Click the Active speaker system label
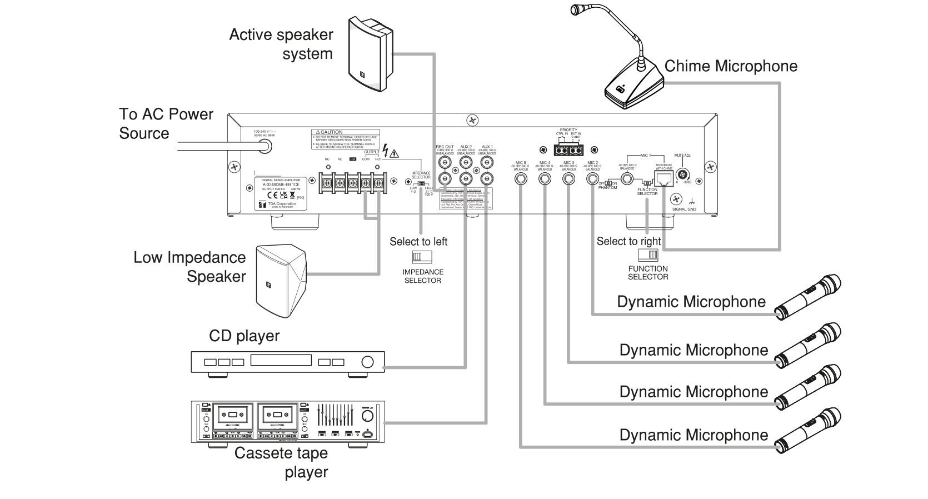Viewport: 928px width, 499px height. click(281, 44)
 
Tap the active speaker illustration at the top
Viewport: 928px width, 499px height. click(370, 53)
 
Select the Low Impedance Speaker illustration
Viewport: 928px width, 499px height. click(280, 280)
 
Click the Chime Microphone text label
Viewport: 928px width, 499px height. click(731, 66)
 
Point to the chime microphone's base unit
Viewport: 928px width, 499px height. click(634, 87)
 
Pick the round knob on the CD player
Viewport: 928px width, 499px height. click(368, 362)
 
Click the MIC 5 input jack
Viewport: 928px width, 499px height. click(521, 179)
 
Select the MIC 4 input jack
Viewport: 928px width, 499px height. click(545, 179)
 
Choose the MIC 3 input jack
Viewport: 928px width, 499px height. click(568, 179)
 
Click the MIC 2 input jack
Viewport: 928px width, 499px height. click(592, 179)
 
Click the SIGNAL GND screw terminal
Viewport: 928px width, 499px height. click(676, 199)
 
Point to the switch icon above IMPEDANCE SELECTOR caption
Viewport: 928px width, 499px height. click(422, 257)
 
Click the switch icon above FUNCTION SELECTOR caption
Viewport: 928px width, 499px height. click(648, 255)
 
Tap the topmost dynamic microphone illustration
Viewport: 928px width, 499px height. click(808, 297)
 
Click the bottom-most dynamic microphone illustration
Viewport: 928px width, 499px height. click(808, 431)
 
